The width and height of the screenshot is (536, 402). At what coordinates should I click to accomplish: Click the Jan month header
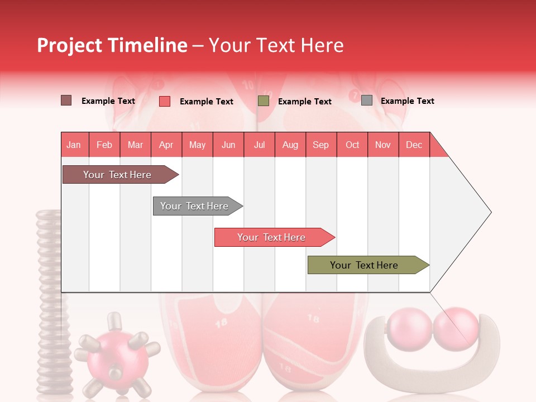74,145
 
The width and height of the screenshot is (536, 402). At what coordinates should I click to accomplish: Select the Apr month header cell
166,145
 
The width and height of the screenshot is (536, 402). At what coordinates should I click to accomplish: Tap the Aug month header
290,145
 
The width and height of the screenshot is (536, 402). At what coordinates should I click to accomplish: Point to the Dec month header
414,145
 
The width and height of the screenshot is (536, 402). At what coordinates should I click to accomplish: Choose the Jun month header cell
228,145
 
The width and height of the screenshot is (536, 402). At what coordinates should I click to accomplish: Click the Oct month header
352,145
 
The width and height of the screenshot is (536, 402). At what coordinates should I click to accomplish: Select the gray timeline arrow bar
195,206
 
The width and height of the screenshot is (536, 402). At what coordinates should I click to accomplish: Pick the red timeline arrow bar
272,237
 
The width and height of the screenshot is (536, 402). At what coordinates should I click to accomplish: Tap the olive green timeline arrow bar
366,265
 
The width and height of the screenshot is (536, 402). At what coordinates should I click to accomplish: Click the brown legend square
66,100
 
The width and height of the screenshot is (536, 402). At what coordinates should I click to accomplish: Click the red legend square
164,101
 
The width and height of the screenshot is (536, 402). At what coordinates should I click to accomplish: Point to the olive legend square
264,101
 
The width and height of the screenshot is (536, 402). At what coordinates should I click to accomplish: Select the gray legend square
366,100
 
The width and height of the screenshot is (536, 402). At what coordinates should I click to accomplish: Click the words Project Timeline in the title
112,45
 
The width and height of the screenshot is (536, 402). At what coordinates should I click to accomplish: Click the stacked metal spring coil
50,301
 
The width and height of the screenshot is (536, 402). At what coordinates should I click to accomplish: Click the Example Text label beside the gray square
407,101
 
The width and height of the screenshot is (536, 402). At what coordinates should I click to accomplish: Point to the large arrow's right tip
490,212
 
